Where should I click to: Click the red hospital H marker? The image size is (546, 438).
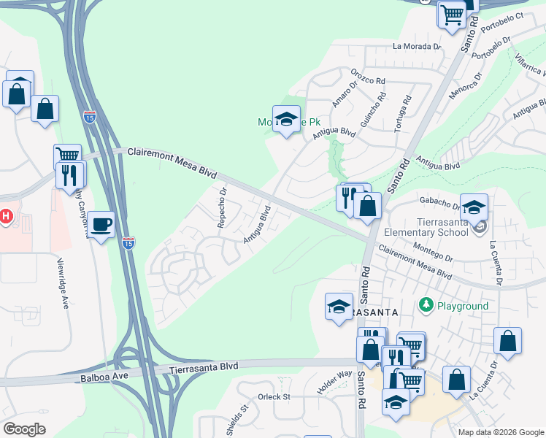pos(7,217)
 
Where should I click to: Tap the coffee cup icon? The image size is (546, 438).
pos(101,224)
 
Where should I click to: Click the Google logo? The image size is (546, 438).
pos(24,429)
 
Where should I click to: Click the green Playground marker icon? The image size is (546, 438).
pos(426,304)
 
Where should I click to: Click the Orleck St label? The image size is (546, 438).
pos(274,397)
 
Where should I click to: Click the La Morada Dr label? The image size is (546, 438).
pos(417,46)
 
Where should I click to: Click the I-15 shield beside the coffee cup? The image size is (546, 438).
pos(128,243)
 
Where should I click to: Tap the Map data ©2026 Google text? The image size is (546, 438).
pos(501,432)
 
